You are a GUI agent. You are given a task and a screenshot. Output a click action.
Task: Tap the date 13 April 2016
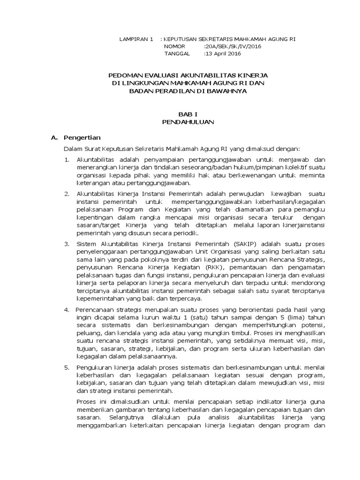(x=223, y=54)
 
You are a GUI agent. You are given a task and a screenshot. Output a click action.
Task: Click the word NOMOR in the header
(x=174, y=46)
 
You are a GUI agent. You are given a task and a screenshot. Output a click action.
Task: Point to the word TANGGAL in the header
(x=177, y=54)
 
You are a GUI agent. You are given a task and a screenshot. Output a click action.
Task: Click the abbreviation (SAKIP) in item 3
(x=252, y=244)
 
